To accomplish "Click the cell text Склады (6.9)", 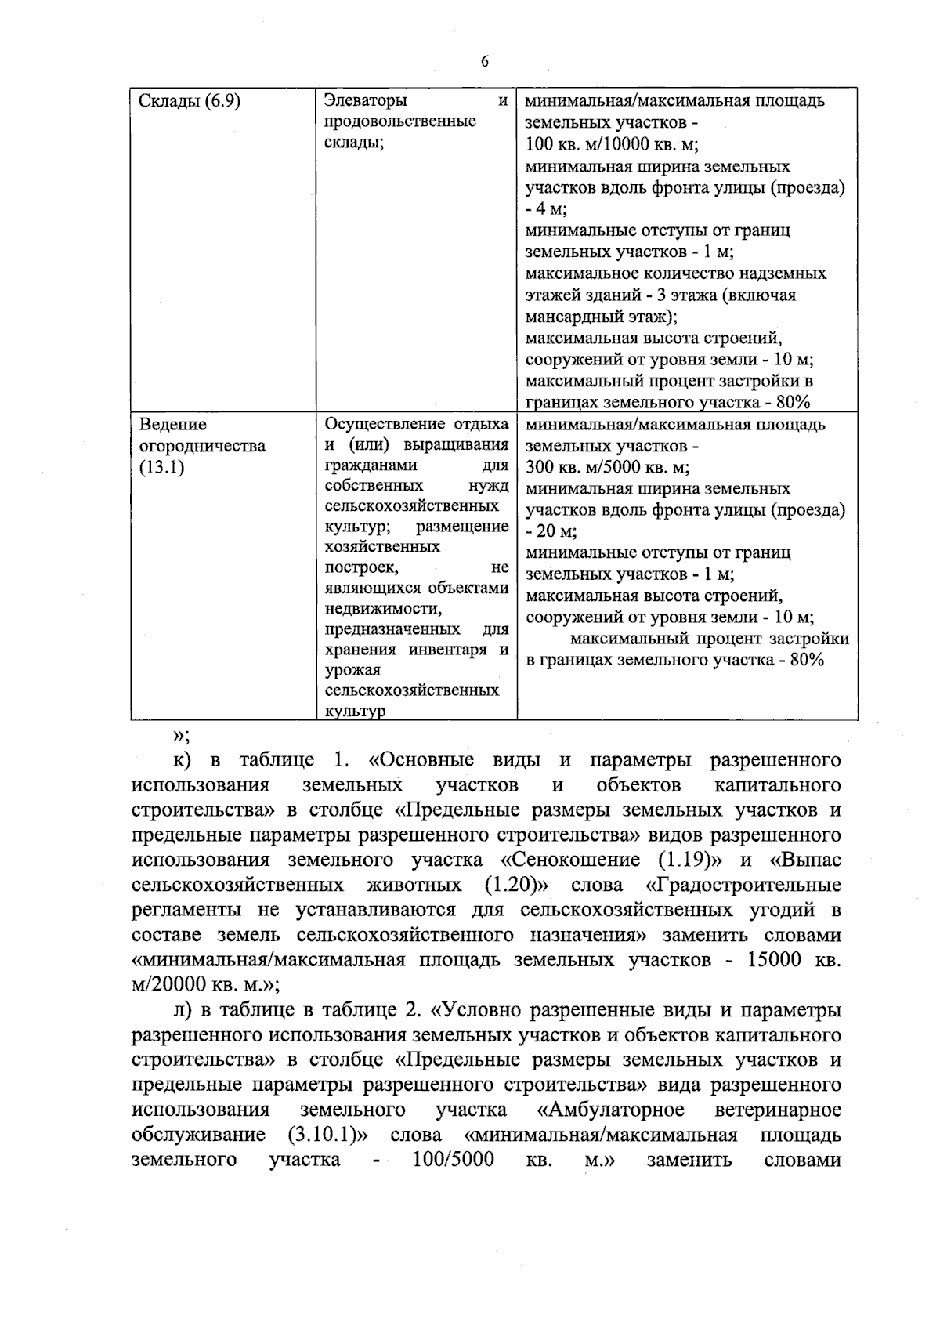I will tap(189, 101).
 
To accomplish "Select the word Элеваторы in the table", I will tap(366, 101).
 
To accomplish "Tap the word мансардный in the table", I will tap(565, 317).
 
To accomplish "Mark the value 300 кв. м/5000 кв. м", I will tap(607, 468).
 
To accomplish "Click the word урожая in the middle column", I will tap(352, 670).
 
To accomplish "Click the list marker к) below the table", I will tap(183, 760).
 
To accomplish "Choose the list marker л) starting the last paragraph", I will tap(183, 1010).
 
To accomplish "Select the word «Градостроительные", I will tap(743, 886).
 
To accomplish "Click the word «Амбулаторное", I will tap(612, 1110).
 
